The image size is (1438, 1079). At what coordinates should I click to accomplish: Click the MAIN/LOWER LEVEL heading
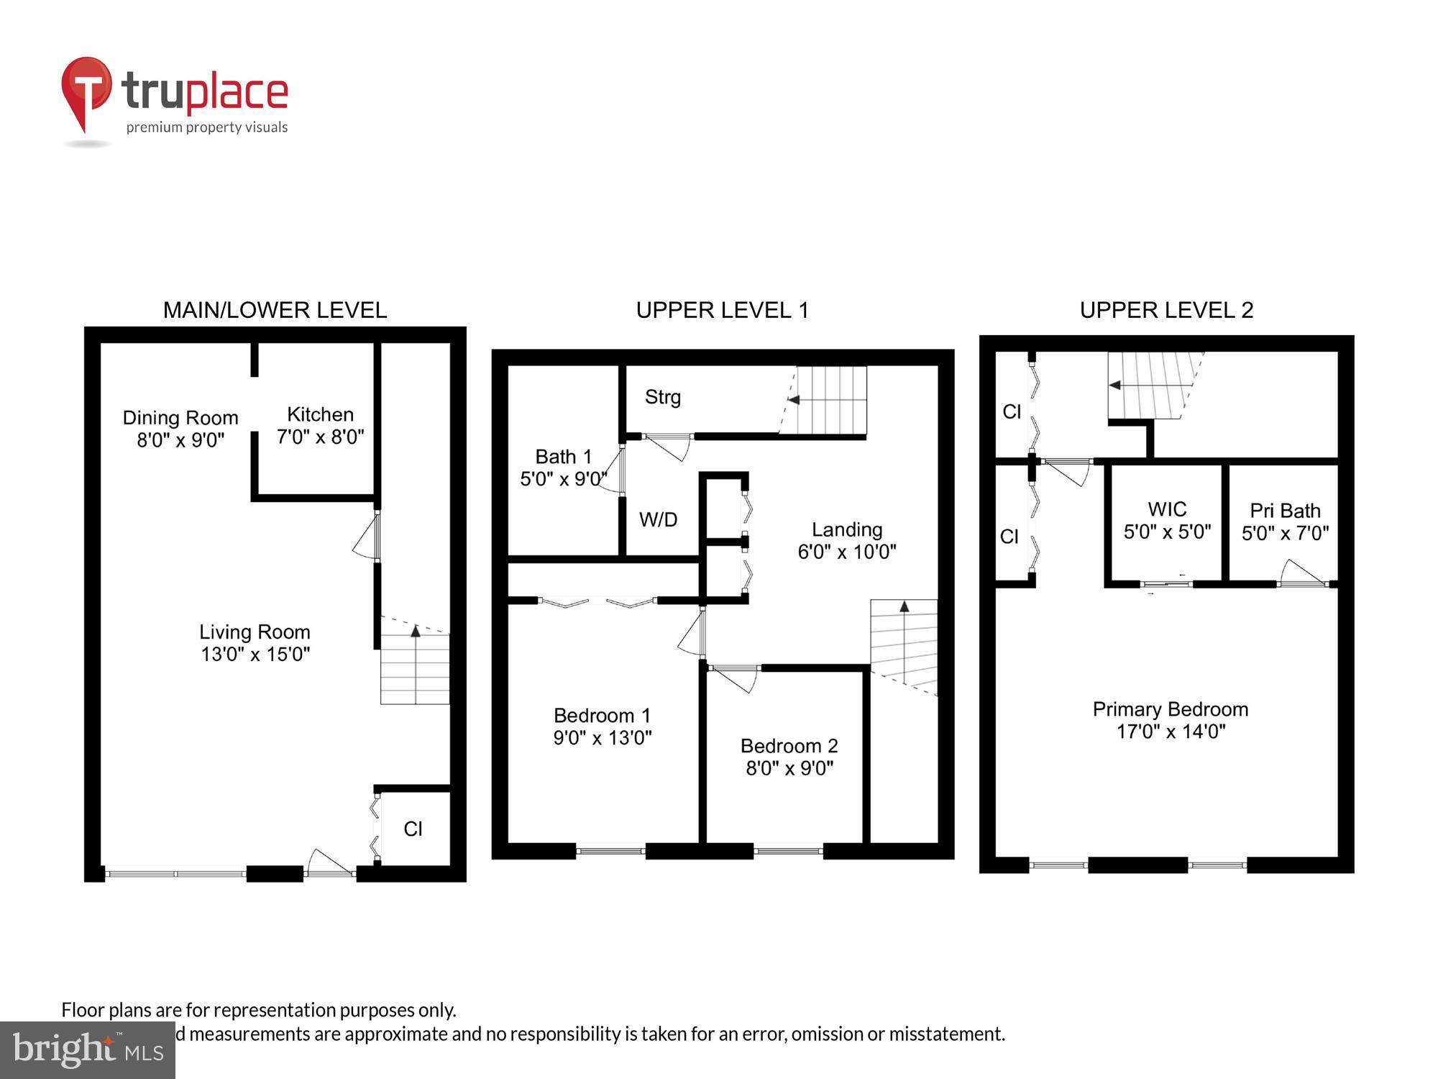pyautogui.click(x=275, y=310)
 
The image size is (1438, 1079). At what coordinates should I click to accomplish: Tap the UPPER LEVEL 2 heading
pyautogui.click(x=1166, y=310)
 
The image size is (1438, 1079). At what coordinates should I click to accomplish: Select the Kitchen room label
pyautogui.click(x=320, y=414)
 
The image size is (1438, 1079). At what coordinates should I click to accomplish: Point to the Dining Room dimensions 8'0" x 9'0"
pyautogui.click(x=180, y=440)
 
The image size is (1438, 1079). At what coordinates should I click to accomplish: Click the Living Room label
pyautogui.click(x=255, y=632)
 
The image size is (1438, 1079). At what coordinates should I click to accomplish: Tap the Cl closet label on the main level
pyautogui.click(x=413, y=829)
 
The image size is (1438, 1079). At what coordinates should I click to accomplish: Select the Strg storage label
pyautogui.click(x=662, y=397)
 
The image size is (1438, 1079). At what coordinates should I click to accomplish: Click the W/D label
pyautogui.click(x=658, y=519)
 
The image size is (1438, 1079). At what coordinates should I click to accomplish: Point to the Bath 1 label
pyautogui.click(x=563, y=457)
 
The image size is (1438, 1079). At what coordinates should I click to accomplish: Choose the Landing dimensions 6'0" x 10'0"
pyautogui.click(x=846, y=552)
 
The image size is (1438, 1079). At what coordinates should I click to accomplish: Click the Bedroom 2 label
pyautogui.click(x=789, y=746)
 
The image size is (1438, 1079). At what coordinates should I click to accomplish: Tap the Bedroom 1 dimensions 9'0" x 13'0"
pyautogui.click(x=602, y=738)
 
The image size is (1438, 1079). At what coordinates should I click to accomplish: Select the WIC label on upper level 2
pyautogui.click(x=1167, y=509)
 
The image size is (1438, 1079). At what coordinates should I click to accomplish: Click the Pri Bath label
pyautogui.click(x=1285, y=511)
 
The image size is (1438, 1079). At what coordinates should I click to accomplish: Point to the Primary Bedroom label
pyautogui.click(x=1170, y=709)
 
